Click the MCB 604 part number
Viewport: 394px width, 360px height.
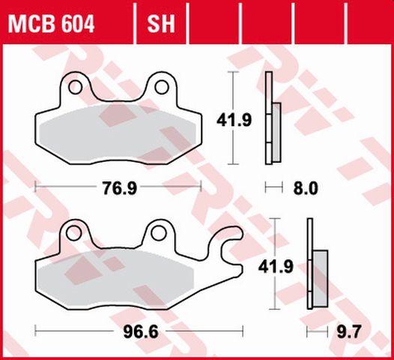[52, 25]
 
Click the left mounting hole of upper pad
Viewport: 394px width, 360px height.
[75, 88]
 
